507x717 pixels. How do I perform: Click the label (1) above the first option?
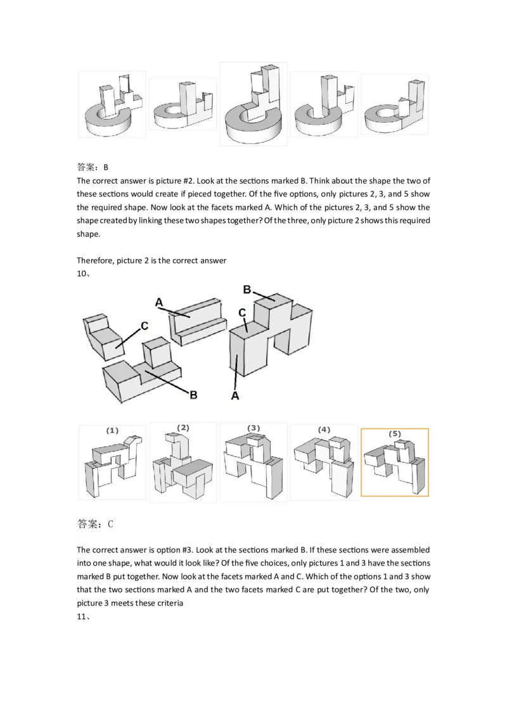(112, 431)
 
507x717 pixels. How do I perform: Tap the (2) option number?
(183, 428)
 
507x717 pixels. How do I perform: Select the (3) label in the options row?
(254, 428)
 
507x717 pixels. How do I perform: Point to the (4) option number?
(324, 429)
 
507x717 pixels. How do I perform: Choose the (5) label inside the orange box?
(395, 434)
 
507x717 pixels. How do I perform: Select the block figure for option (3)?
(253, 466)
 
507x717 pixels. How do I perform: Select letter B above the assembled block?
(248, 289)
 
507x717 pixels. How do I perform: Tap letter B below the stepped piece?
(194, 394)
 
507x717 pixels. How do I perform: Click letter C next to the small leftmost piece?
(144, 326)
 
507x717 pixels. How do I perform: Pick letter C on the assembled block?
(242, 313)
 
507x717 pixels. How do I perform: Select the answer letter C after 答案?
(110, 524)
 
